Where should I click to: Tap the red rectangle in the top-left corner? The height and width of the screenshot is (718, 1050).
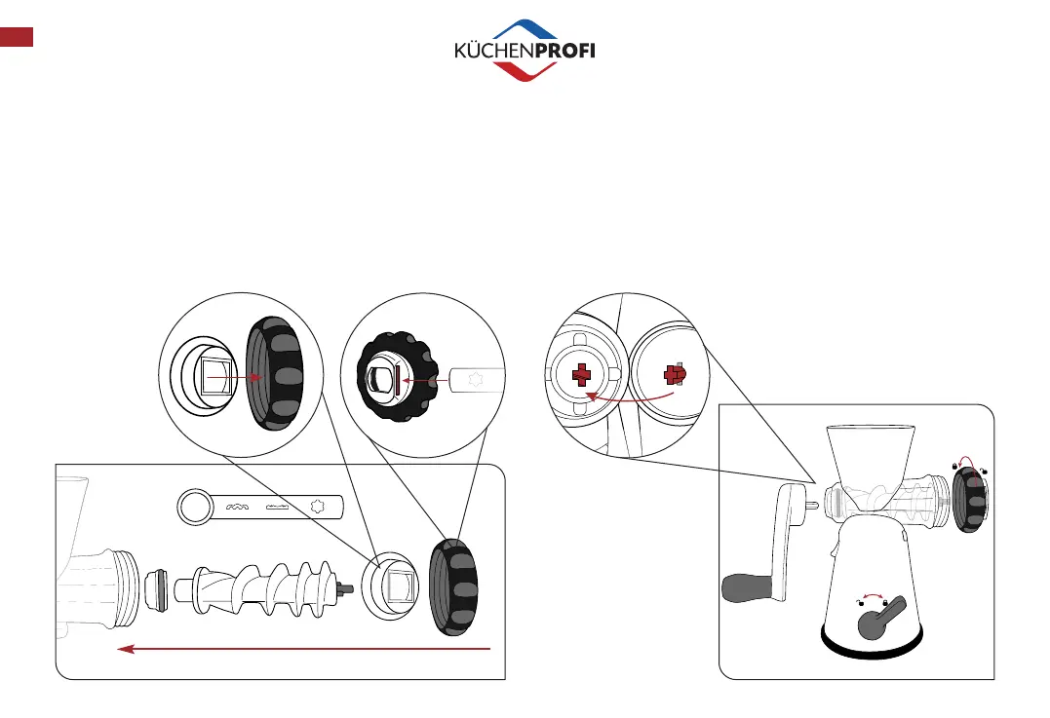point(18,37)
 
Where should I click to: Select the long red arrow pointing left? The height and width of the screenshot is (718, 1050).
point(302,648)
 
